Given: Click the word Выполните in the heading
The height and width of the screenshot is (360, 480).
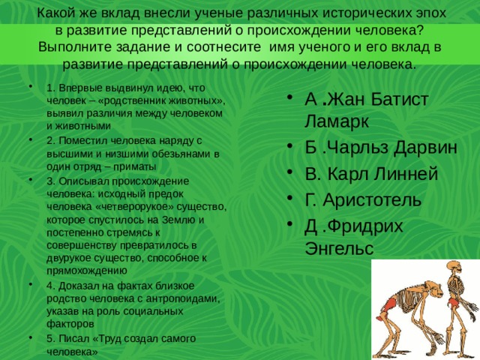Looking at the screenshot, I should (x=76, y=46).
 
